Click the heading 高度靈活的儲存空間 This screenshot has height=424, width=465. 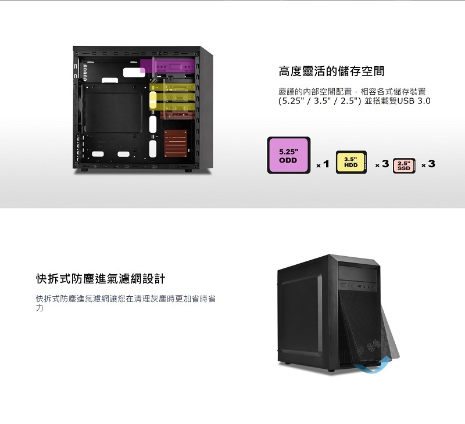331,71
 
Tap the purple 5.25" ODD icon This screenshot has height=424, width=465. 289,155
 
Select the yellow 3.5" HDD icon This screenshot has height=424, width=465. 350,162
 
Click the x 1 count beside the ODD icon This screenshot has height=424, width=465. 323,164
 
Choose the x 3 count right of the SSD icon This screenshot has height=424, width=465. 428,164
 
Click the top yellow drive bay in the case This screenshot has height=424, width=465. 171,89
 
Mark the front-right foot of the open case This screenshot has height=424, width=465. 188,171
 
